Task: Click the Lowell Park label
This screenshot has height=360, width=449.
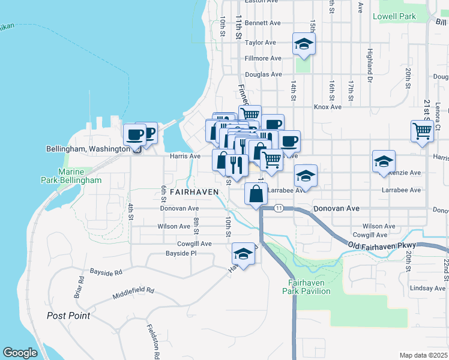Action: (x=394, y=17)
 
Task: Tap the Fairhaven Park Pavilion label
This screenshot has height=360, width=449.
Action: (x=306, y=287)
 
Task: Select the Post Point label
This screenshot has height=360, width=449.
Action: (x=68, y=316)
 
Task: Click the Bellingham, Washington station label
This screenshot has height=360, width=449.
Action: (x=88, y=149)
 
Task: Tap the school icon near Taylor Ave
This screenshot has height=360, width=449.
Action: (x=304, y=44)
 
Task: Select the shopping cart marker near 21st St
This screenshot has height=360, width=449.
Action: (x=423, y=130)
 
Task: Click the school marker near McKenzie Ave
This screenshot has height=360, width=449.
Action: (x=384, y=161)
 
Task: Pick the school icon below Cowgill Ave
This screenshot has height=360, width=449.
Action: (x=243, y=254)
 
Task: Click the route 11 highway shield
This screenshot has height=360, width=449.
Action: (x=279, y=208)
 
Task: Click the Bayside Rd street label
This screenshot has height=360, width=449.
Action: (x=106, y=272)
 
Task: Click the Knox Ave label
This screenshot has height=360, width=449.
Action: (x=328, y=107)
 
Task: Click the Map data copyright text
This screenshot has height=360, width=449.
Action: (x=423, y=355)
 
